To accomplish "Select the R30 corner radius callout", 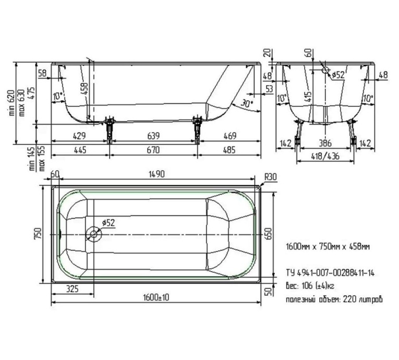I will [x=270, y=177].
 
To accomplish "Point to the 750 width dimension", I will [x=36, y=235].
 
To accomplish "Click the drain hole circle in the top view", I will [x=94, y=234].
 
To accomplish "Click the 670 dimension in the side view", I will [x=153, y=150].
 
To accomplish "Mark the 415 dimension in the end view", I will [x=310, y=96].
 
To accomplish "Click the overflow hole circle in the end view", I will [x=325, y=70].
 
